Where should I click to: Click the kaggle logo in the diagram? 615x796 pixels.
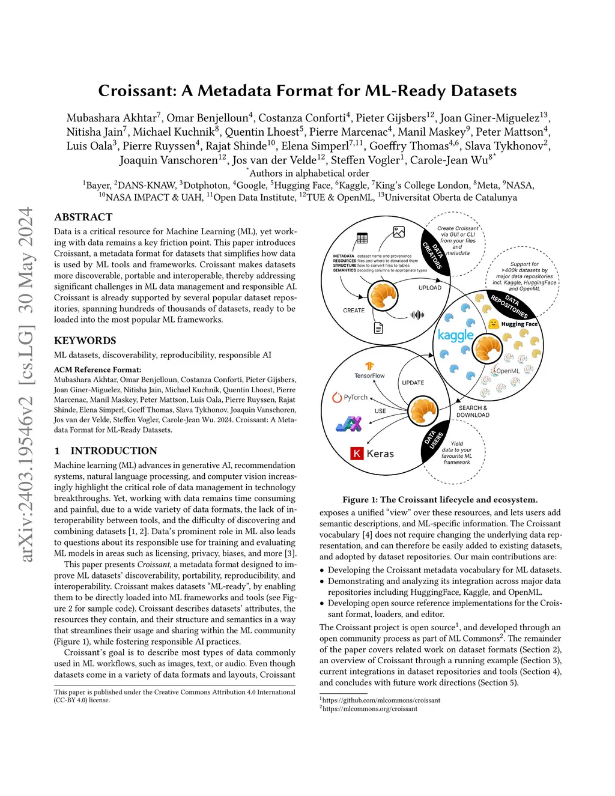coord(456,335)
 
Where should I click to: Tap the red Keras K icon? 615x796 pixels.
coord(357,454)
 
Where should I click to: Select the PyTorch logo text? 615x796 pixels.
coord(355,397)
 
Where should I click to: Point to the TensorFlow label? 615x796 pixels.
coord(369,375)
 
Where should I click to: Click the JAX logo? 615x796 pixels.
coord(349,424)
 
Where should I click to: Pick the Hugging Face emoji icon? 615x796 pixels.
coord(493,324)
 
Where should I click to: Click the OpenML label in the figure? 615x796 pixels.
coord(507,371)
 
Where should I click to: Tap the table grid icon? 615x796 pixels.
coord(362,238)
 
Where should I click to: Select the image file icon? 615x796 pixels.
coord(399,232)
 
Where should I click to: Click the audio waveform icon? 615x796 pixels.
coord(417,315)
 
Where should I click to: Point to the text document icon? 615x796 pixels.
coord(378,328)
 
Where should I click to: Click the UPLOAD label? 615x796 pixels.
coord(429,288)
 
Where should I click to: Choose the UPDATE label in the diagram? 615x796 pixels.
coord(413,383)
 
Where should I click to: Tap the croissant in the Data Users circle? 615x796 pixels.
coord(423,412)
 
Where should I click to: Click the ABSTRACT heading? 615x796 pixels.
coord(83,217)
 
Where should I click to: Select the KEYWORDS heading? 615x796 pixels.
coord(85,341)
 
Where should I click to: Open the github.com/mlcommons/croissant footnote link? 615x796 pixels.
coord(381,700)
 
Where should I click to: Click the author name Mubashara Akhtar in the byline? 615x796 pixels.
coord(111,118)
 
